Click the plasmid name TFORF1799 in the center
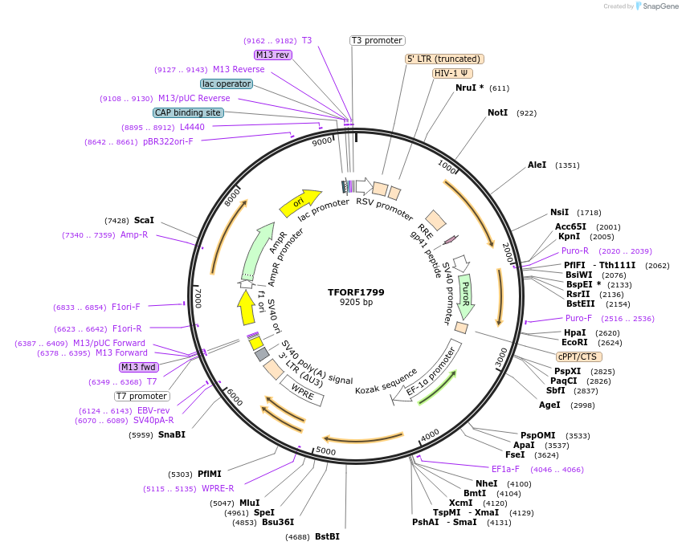click(x=356, y=291)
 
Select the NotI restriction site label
click(x=498, y=113)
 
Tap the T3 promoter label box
click(x=378, y=40)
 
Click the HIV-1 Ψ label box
click(x=452, y=73)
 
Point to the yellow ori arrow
click(x=299, y=203)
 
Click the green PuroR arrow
click(x=466, y=295)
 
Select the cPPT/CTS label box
click(x=578, y=356)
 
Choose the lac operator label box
click(x=227, y=84)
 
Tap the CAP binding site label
click(x=188, y=113)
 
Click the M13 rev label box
click(x=272, y=55)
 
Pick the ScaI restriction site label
click(x=144, y=220)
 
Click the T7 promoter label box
click(x=142, y=396)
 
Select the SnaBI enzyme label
click(x=171, y=434)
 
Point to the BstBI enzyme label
click(x=327, y=536)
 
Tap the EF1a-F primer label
click(x=505, y=469)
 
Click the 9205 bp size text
click(x=356, y=303)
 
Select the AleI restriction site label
click(x=537, y=165)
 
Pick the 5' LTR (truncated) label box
click(x=443, y=59)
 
